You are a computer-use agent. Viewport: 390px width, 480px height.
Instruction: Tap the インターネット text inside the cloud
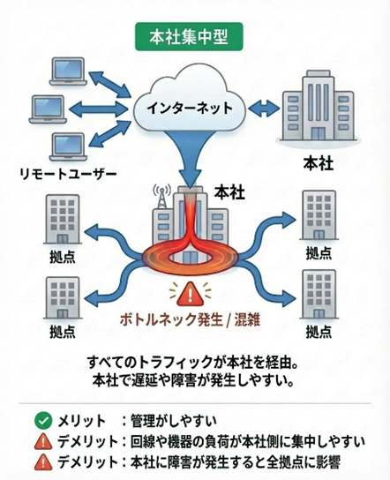tap(190, 109)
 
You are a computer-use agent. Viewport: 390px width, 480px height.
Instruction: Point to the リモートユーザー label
tap(67, 174)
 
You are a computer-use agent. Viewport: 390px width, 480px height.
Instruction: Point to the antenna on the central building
tap(161, 195)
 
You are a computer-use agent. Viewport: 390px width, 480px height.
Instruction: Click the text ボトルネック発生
tap(170, 319)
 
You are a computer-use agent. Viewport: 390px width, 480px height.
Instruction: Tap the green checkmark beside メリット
tap(41, 420)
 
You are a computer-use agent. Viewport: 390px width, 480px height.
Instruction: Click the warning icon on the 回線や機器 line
tap(41, 441)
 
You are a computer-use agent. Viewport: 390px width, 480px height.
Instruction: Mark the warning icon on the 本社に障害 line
tap(41, 462)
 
